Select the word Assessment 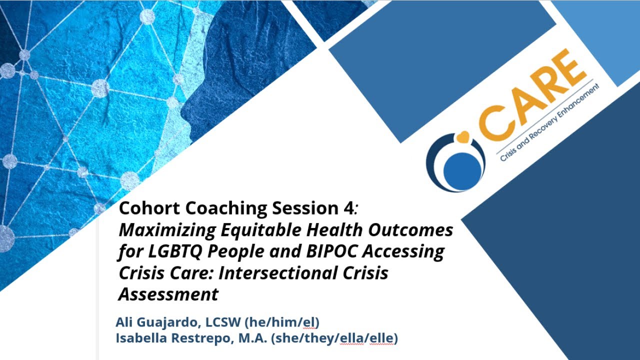(168, 294)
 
